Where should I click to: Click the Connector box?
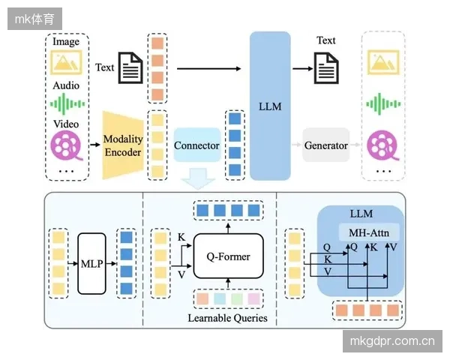click(x=196, y=145)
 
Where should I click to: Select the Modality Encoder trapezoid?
click(x=123, y=145)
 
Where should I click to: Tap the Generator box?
click(x=325, y=145)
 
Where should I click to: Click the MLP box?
click(x=91, y=263)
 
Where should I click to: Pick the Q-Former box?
click(x=229, y=256)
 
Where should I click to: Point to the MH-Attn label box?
click(x=369, y=232)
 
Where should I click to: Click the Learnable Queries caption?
click(x=227, y=318)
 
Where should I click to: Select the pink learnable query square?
click(x=254, y=298)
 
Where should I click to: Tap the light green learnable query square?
click(x=237, y=298)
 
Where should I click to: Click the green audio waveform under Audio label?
click(x=67, y=103)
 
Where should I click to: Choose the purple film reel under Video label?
click(x=67, y=145)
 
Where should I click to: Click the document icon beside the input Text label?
click(x=130, y=67)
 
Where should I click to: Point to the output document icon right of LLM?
click(x=326, y=68)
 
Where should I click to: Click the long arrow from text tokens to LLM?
click(x=209, y=68)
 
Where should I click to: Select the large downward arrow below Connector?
click(x=198, y=178)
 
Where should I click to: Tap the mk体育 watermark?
click(x=34, y=19)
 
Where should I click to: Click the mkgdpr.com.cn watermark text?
click(x=392, y=341)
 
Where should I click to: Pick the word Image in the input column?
click(x=66, y=42)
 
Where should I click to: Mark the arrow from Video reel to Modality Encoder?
click(x=95, y=145)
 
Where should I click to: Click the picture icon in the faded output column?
click(x=383, y=62)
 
